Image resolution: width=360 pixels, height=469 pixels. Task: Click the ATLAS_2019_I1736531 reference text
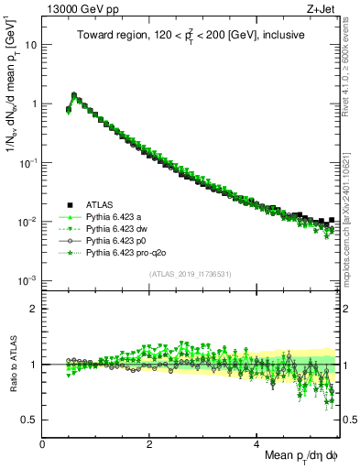[191, 274]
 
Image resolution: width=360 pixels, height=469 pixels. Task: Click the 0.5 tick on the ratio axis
[29, 420]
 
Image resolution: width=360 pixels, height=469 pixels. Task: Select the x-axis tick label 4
[257, 443]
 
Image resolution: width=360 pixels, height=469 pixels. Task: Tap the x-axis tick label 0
[43, 443]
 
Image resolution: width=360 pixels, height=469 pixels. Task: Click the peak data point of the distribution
[74, 94]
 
